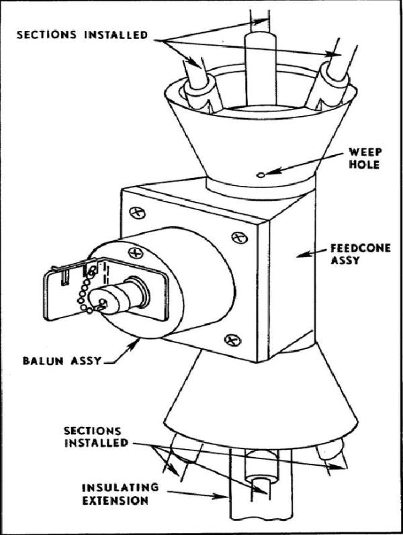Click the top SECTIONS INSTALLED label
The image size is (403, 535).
pyautogui.click(x=81, y=34)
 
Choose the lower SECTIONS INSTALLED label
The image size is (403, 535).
pyautogui.click(x=93, y=436)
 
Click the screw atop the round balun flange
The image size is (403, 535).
pyautogui.click(x=136, y=252)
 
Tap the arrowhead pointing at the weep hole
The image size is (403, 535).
pyautogui.click(x=269, y=174)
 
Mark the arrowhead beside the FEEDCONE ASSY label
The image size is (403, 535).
pyautogui.click(x=301, y=254)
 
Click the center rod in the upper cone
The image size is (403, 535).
pyautogui.click(x=256, y=67)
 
